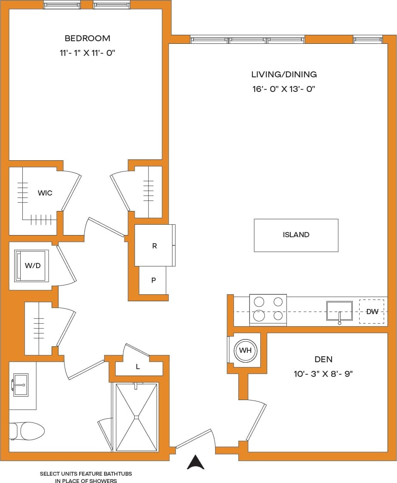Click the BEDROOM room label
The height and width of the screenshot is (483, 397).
click(87, 38)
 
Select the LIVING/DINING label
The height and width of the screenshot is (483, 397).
click(284, 74)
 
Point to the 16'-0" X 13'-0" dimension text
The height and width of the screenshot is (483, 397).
click(284, 89)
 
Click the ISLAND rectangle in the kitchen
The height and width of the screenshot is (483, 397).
click(296, 235)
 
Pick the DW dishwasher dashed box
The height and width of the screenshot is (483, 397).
click(372, 311)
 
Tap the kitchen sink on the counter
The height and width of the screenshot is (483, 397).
click(339, 311)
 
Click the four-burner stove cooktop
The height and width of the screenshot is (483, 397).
click(268, 309)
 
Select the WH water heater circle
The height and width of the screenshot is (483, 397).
click(245, 351)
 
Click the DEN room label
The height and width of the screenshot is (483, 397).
click(323, 359)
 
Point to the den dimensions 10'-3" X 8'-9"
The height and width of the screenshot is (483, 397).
click(323, 374)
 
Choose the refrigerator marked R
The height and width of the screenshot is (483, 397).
click(154, 246)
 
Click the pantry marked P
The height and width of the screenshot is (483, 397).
click(153, 280)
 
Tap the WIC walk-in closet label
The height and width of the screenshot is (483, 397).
click(45, 193)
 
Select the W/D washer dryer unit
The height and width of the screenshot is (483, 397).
click(31, 266)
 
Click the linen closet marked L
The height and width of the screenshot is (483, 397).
click(138, 367)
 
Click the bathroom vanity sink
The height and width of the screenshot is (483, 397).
click(20, 385)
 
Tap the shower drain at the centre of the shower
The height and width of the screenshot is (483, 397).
click(136, 416)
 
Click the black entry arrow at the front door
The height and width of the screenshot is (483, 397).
click(196, 462)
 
